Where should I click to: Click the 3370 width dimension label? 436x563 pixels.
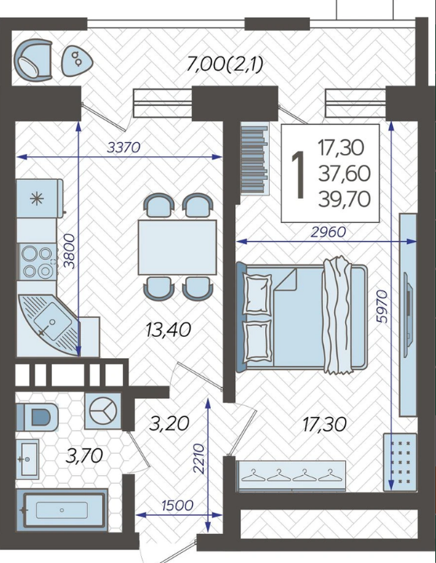point(124,147)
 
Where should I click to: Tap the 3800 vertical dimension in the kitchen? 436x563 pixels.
point(69,251)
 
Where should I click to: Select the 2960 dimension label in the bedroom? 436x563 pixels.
point(329,232)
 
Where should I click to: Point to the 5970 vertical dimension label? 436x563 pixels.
point(382,306)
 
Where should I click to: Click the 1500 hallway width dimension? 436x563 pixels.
point(177,505)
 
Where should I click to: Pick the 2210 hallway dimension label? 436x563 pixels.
point(198,459)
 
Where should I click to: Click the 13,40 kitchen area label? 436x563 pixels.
point(168,330)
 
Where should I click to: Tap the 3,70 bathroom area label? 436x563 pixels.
point(85,456)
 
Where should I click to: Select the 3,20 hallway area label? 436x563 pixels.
point(169,424)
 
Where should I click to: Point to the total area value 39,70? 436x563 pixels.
point(344,199)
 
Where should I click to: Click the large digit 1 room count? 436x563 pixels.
point(298,174)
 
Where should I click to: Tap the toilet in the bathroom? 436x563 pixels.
point(38,417)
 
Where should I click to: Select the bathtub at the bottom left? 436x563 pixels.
point(62,510)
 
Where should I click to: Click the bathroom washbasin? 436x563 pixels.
point(27,459)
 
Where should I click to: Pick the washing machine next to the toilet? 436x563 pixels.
point(103,411)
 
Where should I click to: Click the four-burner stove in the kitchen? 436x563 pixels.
point(37,262)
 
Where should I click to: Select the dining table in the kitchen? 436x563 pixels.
point(177,247)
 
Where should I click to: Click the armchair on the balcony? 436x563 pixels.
point(34,60)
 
